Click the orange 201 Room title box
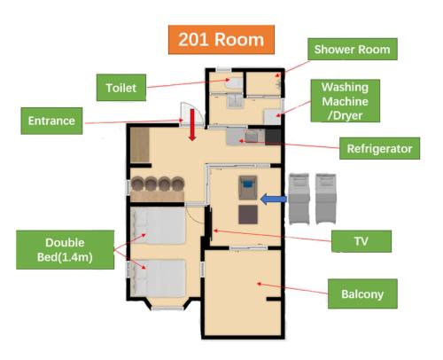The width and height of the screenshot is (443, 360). [221, 40]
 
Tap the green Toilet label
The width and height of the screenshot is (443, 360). [121, 88]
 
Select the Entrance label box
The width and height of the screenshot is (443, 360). [51, 121]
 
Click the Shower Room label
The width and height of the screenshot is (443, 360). [352, 49]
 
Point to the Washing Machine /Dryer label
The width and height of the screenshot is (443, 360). [345, 101]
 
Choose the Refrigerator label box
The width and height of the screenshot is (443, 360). [379, 148]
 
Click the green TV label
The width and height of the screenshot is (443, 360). [361, 241]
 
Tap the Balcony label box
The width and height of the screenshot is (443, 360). [362, 293]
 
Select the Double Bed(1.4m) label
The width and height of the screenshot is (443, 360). [65, 250]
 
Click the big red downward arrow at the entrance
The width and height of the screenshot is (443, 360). [192, 125]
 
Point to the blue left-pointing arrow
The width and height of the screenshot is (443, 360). [274, 199]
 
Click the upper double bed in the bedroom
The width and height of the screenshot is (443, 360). [159, 225]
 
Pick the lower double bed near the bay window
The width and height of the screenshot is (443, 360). [159, 278]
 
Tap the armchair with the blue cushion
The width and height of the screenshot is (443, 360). [248, 187]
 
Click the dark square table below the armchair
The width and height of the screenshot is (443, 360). [248, 215]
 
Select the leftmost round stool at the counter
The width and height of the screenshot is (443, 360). [137, 184]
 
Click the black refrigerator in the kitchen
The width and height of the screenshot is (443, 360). [273, 137]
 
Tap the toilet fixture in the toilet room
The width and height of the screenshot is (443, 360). [234, 82]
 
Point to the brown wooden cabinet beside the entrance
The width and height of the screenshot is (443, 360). [140, 145]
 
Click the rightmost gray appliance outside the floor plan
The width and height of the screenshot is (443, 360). [326, 199]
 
